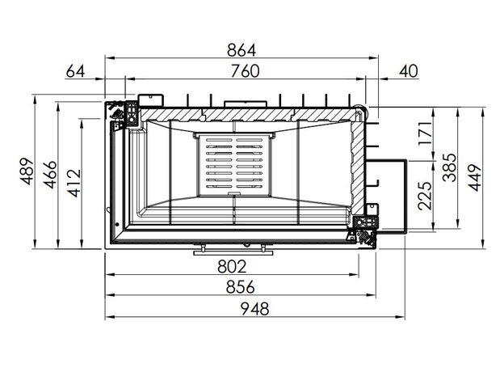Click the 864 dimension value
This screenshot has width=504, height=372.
click(x=241, y=50)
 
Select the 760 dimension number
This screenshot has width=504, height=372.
click(x=245, y=71)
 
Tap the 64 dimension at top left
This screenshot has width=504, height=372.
click(x=75, y=71)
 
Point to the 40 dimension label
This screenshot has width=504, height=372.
click(x=409, y=71)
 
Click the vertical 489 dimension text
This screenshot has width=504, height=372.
click(x=27, y=171)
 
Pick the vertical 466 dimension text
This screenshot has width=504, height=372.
click(x=50, y=175)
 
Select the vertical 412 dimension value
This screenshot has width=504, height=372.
click(x=74, y=183)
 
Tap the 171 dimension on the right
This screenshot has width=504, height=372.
click(x=425, y=133)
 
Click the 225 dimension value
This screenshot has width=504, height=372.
click(x=425, y=196)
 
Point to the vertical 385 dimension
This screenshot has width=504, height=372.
click(x=449, y=167)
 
